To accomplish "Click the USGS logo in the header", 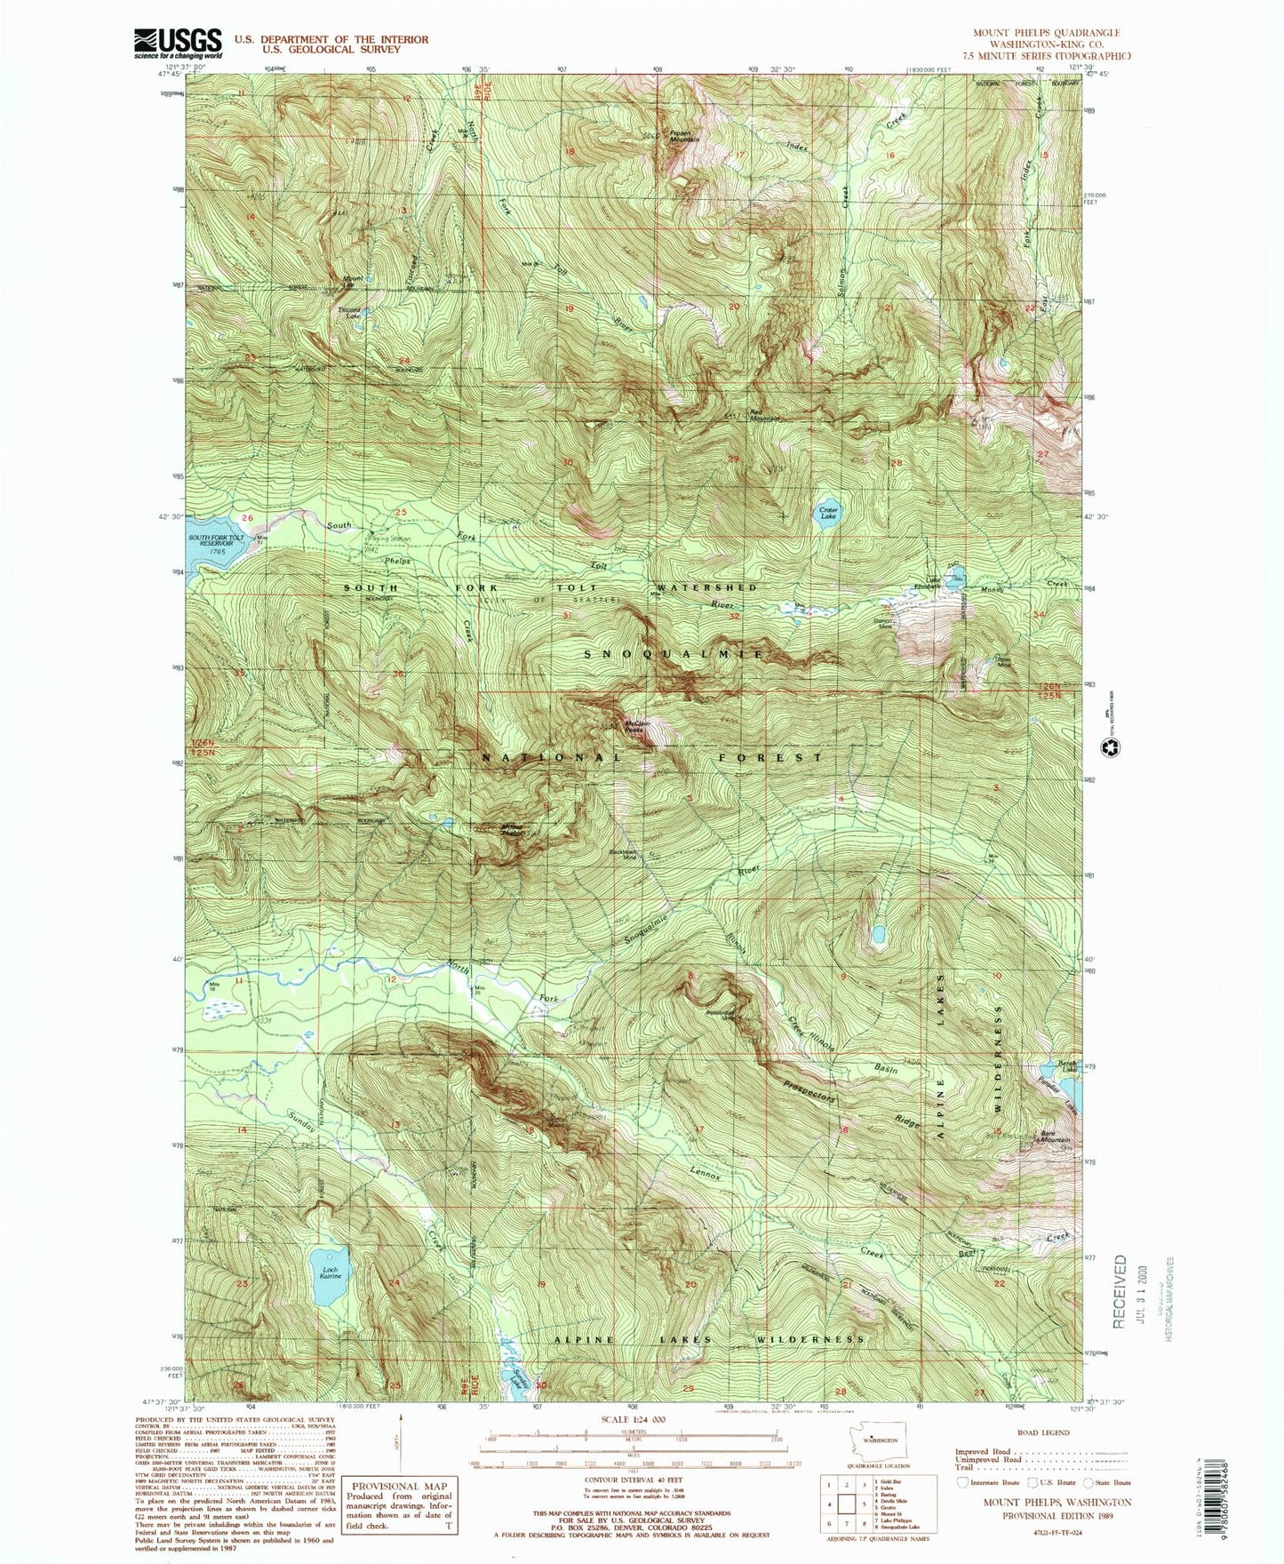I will [177, 43].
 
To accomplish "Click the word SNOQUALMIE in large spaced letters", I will [673, 654].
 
